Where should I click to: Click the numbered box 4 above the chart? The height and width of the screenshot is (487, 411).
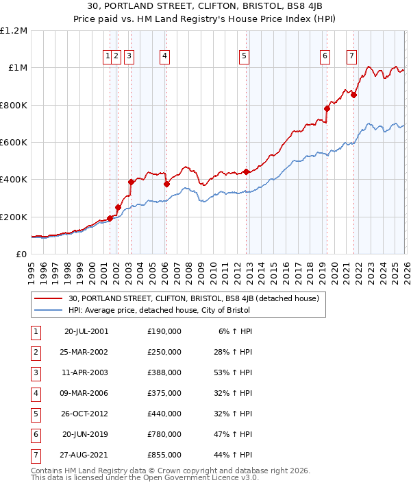pos(165,57)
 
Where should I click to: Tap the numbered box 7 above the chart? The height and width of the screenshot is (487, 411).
pos(351,57)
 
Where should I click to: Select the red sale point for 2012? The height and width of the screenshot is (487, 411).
pos(245,172)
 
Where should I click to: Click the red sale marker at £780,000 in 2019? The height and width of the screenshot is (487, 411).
pos(327,108)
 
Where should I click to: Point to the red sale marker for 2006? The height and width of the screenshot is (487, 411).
pos(166,184)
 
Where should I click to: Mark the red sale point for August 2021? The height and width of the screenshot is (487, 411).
pos(353,95)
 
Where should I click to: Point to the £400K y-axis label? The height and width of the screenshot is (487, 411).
pos(14,180)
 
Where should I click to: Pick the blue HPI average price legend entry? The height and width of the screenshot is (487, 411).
pos(159,311)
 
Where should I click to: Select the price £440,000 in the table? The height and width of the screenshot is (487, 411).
pos(164,413)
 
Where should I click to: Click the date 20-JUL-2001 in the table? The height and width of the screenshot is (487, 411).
pos(86,331)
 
